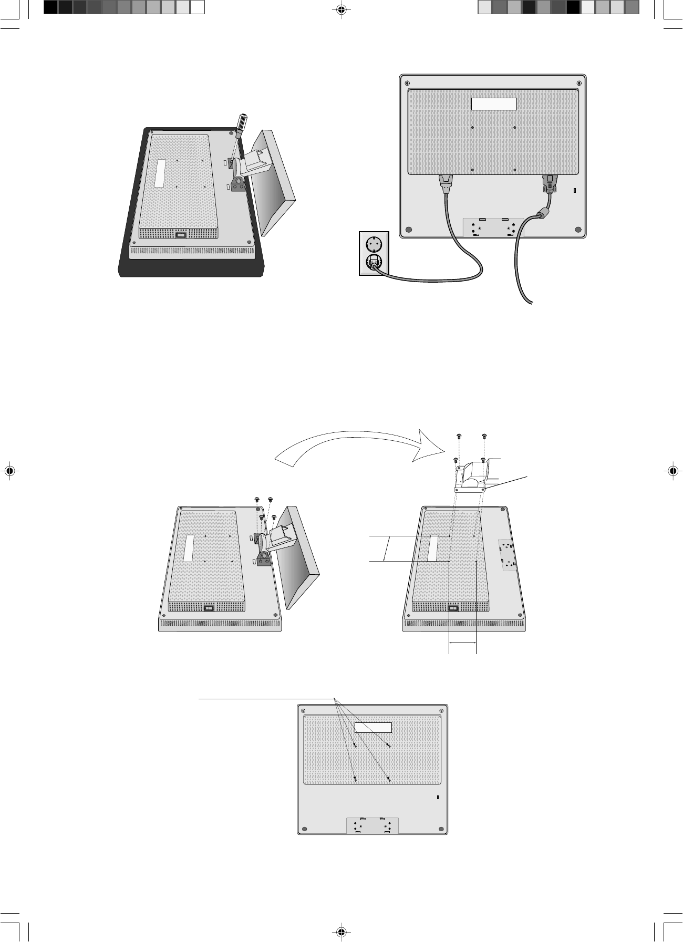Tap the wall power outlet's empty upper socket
(x=374, y=244)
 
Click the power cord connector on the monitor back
(x=446, y=184)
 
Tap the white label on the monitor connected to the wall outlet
(x=494, y=103)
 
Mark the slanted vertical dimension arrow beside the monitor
(x=387, y=549)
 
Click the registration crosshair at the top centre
(x=341, y=9)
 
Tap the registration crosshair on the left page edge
(x=9, y=471)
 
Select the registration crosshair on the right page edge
(x=674, y=471)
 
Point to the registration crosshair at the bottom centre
(x=341, y=932)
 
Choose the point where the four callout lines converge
(x=335, y=699)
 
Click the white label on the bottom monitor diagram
(x=373, y=728)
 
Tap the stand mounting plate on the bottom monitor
(x=372, y=825)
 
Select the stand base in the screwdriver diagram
(x=273, y=181)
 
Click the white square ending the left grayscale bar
(x=197, y=7)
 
